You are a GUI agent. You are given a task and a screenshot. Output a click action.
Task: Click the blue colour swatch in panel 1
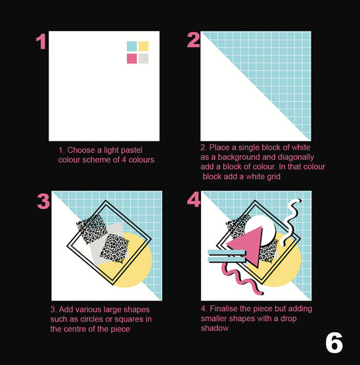(x=131, y=46)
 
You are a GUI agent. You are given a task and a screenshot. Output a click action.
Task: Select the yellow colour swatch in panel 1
(x=143, y=46)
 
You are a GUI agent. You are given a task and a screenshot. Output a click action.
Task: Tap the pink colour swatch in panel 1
(x=131, y=59)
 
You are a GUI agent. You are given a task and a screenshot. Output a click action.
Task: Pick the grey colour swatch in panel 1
(x=143, y=59)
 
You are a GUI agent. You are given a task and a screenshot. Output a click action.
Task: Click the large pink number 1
(x=41, y=41)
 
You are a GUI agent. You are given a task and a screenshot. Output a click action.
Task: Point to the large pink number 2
(x=194, y=40)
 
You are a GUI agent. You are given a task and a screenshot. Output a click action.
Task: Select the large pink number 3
(x=43, y=201)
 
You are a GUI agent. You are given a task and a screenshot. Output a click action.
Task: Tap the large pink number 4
(x=194, y=199)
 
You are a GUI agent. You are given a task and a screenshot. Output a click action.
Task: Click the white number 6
(x=334, y=343)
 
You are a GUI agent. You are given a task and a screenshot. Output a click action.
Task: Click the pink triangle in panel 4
(x=250, y=245)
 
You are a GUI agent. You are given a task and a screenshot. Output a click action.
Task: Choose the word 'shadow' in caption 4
(x=215, y=328)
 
